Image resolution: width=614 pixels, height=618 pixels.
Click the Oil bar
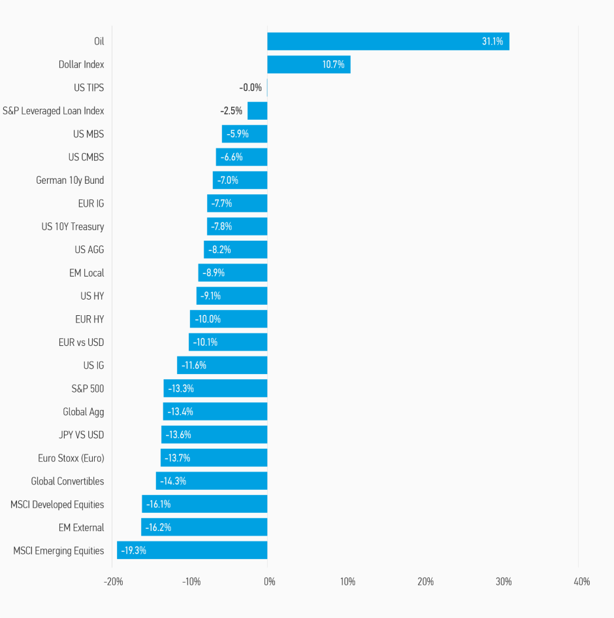click(x=388, y=41)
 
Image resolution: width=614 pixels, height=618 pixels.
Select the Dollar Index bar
click(x=308, y=65)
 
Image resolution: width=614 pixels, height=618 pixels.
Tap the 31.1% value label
click(x=493, y=41)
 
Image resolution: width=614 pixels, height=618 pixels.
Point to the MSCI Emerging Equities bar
click(x=192, y=551)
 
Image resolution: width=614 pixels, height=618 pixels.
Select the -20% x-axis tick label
click(x=114, y=581)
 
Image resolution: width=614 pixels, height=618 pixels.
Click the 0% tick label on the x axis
click(x=268, y=581)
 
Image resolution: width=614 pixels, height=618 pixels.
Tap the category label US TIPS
click(x=89, y=88)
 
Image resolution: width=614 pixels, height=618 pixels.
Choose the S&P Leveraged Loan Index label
click(x=54, y=111)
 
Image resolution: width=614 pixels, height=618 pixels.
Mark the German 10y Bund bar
click(x=240, y=180)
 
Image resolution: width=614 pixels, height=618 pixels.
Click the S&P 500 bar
click(x=216, y=388)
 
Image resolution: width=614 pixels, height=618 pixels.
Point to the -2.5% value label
click(x=232, y=111)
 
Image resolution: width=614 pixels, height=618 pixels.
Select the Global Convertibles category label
click(x=67, y=481)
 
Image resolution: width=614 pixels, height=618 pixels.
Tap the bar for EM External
click(x=204, y=527)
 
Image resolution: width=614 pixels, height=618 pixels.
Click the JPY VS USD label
click(x=81, y=435)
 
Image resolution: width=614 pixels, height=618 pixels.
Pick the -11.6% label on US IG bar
click(x=194, y=366)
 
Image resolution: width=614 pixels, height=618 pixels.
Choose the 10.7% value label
click(x=333, y=65)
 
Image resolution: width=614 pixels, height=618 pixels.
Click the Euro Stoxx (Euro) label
click(x=71, y=458)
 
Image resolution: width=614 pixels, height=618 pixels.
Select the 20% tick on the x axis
click(x=425, y=581)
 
